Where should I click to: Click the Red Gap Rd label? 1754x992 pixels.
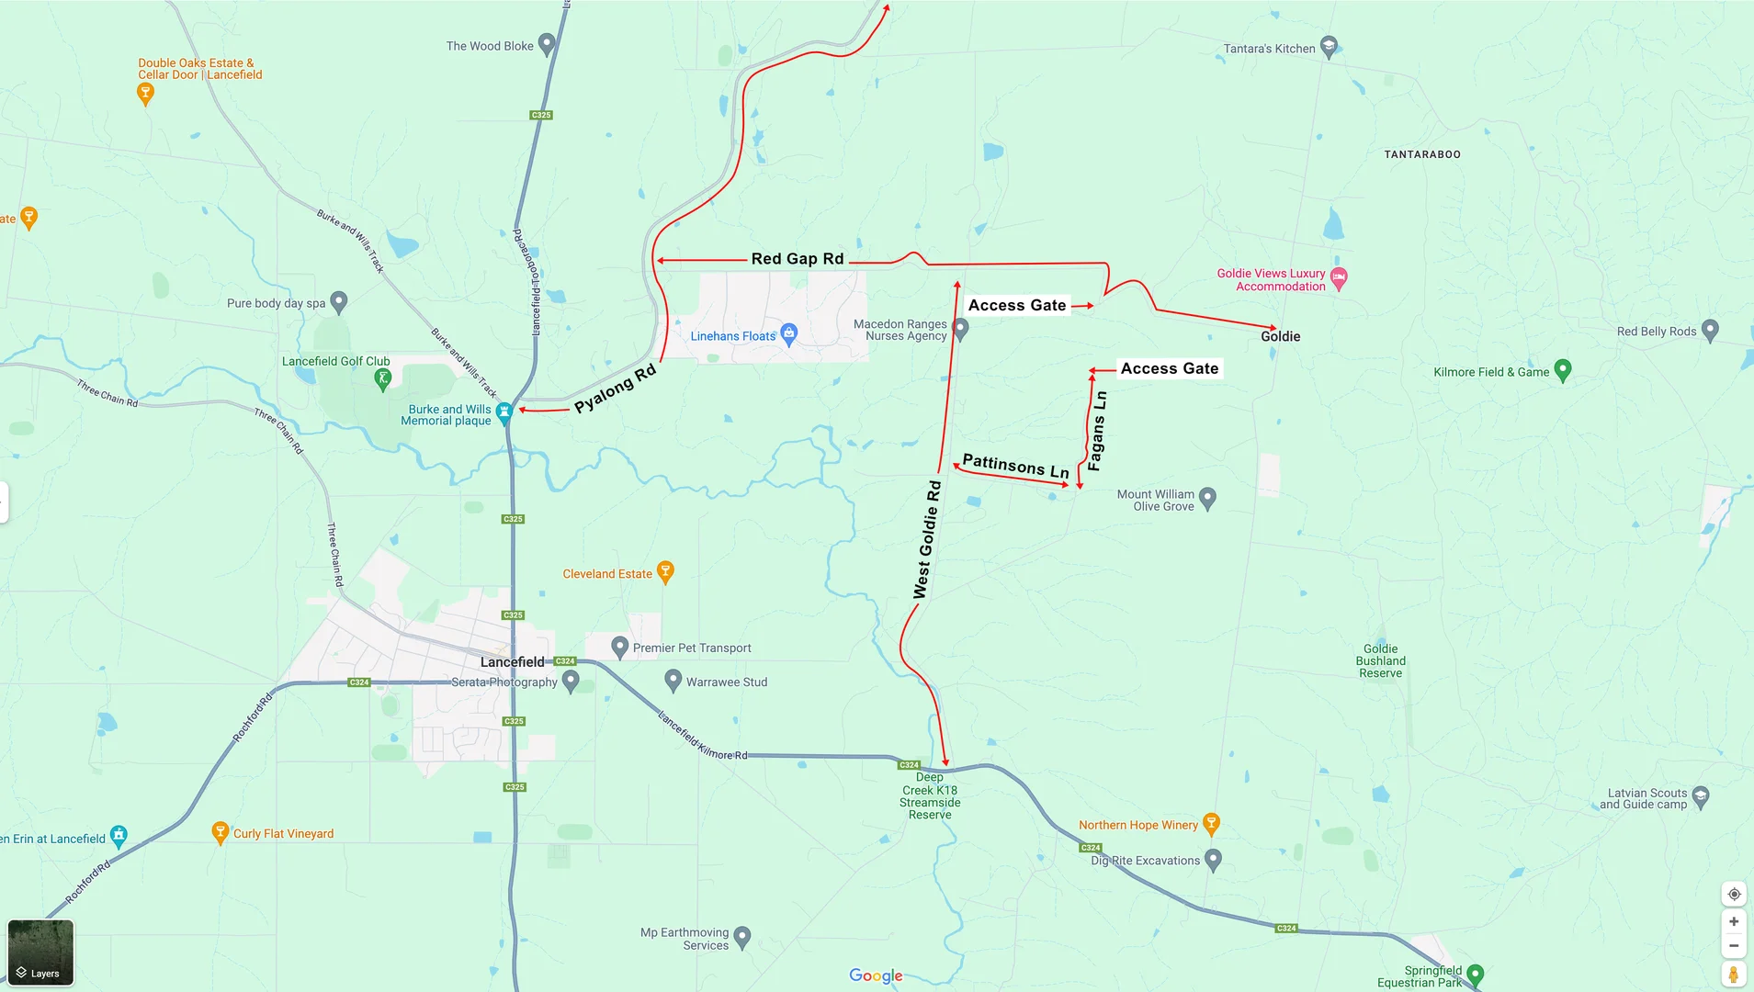pyautogui.click(x=797, y=259)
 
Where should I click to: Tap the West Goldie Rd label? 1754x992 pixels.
pyautogui.click(x=927, y=540)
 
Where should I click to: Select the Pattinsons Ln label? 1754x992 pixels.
pyautogui.click(x=1015, y=466)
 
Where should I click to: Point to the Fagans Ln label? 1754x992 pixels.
pyautogui.click(x=1096, y=431)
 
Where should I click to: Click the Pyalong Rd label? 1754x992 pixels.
pyautogui.click(x=615, y=389)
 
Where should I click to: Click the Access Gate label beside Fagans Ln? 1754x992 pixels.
pyautogui.click(x=1169, y=368)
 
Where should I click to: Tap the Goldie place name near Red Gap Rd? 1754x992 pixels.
pyautogui.click(x=1280, y=337)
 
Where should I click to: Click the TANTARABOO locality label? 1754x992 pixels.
pyautogui.click(x=1421, y=154)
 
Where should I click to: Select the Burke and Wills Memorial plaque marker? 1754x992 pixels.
pyautogui.click(x=504, y=412)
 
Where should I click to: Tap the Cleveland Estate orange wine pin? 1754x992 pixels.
pyautogui.click(x=666, y=571)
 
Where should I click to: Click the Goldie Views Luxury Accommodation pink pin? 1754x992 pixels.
pyautogui.click(x=1339, y=277)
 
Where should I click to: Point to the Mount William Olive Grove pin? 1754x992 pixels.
pyautogui.click(x=1208, y=497)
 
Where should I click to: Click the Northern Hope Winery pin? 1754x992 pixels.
pyautogui.click(x=1211, y=823)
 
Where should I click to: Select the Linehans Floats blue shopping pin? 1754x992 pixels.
pyautogui.click(x=788, y=333)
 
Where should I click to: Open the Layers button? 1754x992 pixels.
pyautogui.click(x=40, y=953)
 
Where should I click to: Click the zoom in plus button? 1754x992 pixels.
pyautogui.click(x=1734, y=921)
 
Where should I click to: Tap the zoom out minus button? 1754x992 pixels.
pyautogui.click(x=1734, y=945)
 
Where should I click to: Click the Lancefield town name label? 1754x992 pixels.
pyautogui.click(x=512, y=662)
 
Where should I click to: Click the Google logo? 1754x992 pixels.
pyautogui.click(x=876, y=975)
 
